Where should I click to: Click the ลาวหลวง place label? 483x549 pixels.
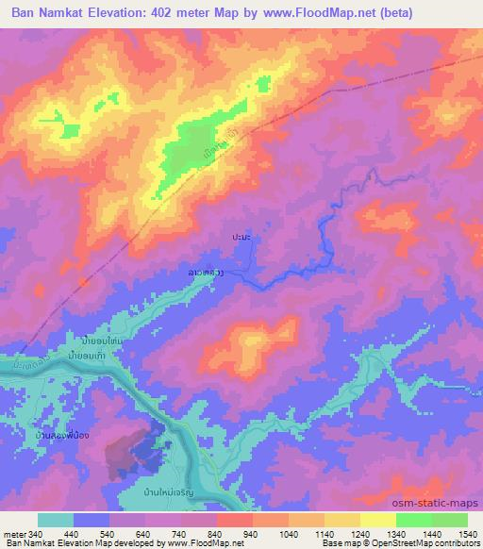[x=205, y=273]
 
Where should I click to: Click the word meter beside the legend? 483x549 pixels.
[x=14, y=535]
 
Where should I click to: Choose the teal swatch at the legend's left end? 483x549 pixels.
[x=56, y=520]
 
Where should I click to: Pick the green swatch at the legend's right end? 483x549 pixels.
[x=450, y=520]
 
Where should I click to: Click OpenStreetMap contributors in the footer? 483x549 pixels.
[x=426, y=544]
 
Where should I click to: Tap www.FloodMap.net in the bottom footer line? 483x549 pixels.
[x=204, y=544]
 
